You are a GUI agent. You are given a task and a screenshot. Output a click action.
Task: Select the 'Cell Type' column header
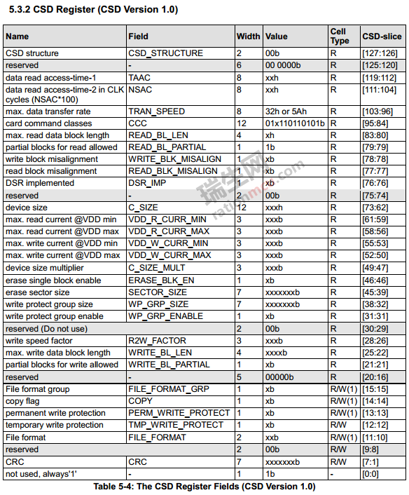coord(339,36)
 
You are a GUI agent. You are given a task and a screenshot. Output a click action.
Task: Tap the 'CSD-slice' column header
coord(382,36)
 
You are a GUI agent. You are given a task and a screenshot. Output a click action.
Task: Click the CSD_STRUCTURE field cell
coord(165,53)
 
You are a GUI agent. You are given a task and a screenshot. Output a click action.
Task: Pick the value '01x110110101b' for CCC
coord(294,123)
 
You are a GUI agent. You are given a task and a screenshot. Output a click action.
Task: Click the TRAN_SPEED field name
coord(156,111)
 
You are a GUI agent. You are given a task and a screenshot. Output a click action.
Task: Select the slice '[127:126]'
coord(379,53)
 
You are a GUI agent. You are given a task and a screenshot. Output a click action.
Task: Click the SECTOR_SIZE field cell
coord(158,292)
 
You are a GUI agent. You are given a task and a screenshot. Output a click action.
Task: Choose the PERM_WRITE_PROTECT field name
coord(179,413)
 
